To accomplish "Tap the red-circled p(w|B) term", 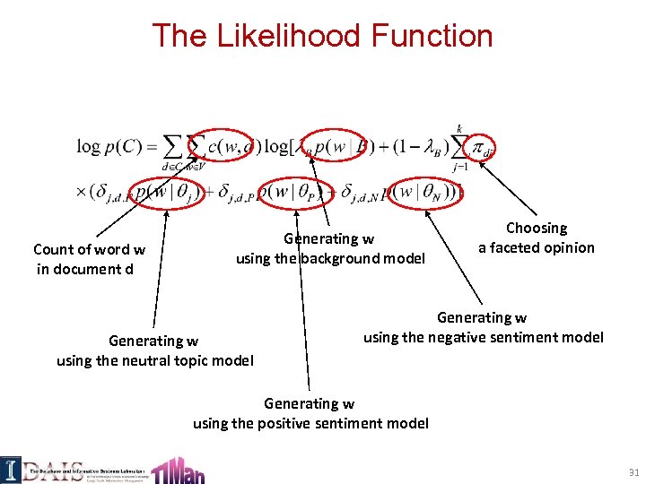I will click(x=330, y=146).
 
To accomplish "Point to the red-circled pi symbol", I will click(x=484, y=146).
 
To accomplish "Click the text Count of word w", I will click(x=89, y=249).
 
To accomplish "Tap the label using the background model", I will click(x=330, y=258).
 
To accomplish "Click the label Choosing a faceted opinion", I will click(x=536, y=238).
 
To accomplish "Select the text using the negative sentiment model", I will click(x=483, y=337).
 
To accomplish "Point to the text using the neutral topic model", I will click(x=154, y=360).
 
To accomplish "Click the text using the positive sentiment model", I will click(x=310, y=422).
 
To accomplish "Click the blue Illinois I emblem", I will click(x=11, y=468).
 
